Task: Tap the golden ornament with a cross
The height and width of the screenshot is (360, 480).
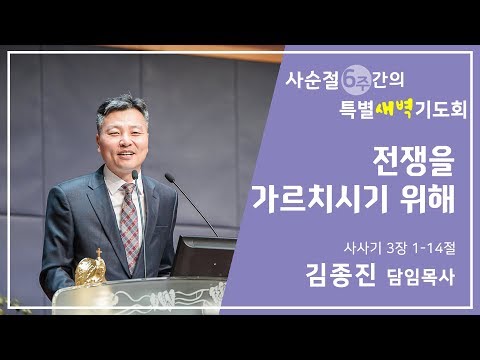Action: pyautogui.click(x=90, y=268)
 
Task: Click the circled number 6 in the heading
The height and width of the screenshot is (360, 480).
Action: pyautogui.click(x=356, y=76)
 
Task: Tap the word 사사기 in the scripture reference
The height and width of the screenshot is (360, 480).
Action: pyautogui.click(x=357, y=242)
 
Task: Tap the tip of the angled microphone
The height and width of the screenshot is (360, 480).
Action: pyautogui.click(x=167, y=177)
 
